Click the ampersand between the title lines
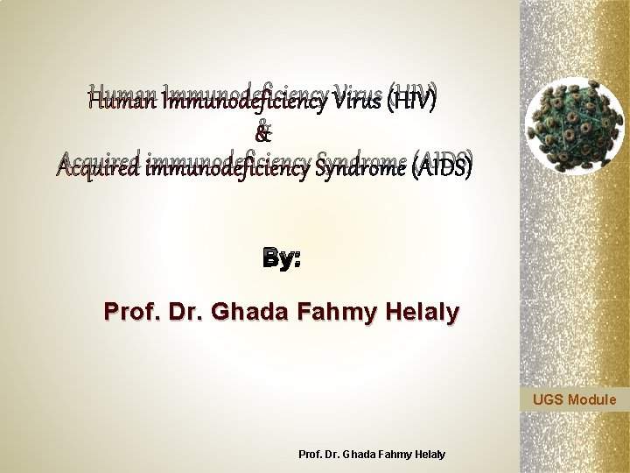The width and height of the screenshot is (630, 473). click(262, 134)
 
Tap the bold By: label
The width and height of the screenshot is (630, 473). click(281, 259)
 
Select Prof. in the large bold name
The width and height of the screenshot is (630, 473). click(125, 312)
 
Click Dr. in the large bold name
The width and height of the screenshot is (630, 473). click(175, 312)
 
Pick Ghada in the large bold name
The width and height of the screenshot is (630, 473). click(236, 312)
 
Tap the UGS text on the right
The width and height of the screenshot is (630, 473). click(549, 401)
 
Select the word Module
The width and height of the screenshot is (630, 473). click(592, 401)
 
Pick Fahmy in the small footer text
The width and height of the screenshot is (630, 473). click(391, 454)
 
